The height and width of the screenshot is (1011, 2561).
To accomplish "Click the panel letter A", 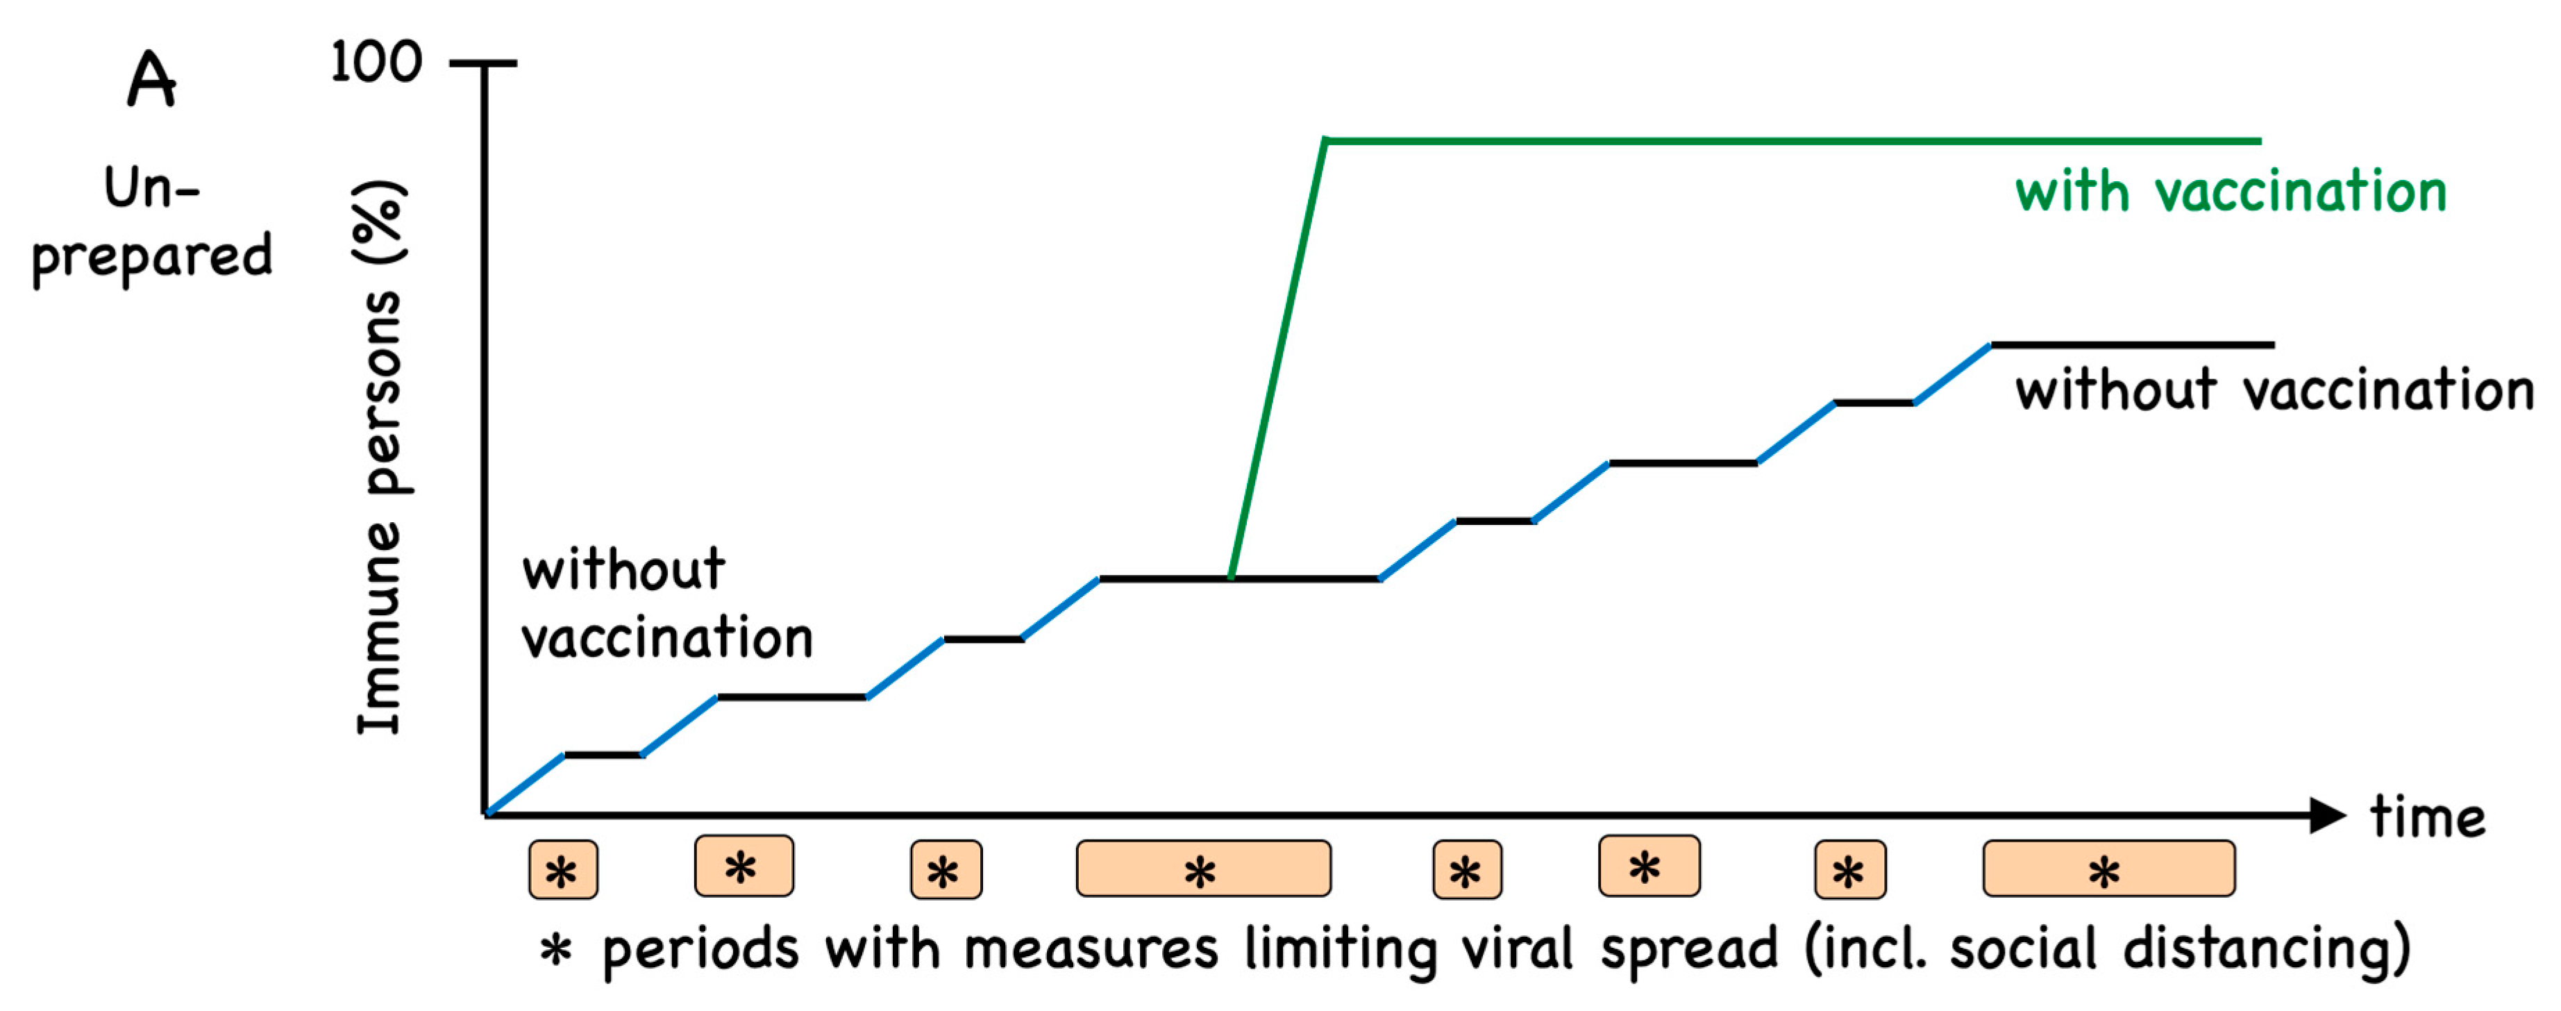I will (x=152, y=80).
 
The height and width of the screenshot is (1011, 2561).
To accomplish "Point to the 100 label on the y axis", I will (x=376, y=62).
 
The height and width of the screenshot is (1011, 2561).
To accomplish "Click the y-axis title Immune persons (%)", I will (x=379, y=458).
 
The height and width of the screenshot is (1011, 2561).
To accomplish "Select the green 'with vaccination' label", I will (x=2230, y=191).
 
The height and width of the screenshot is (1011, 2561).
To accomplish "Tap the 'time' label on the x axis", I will (x=2427, y=817).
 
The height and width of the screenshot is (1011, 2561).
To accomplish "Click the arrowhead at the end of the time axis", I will (x=2326, y=815).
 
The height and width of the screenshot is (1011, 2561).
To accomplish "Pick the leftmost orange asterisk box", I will (x=563, y=870).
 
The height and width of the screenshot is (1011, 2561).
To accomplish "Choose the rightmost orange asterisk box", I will (x=2108, y=869).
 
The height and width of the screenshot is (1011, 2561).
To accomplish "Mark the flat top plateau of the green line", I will (x=1790, y=141).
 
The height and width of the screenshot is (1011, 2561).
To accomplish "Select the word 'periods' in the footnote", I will (x=700, y=949).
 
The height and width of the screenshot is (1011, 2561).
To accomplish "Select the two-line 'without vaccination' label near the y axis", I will (x=666, y=603).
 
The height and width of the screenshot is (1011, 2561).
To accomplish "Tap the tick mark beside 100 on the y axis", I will (x=483, y=64).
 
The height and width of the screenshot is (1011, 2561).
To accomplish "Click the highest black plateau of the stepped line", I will (x=2133, y=345).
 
